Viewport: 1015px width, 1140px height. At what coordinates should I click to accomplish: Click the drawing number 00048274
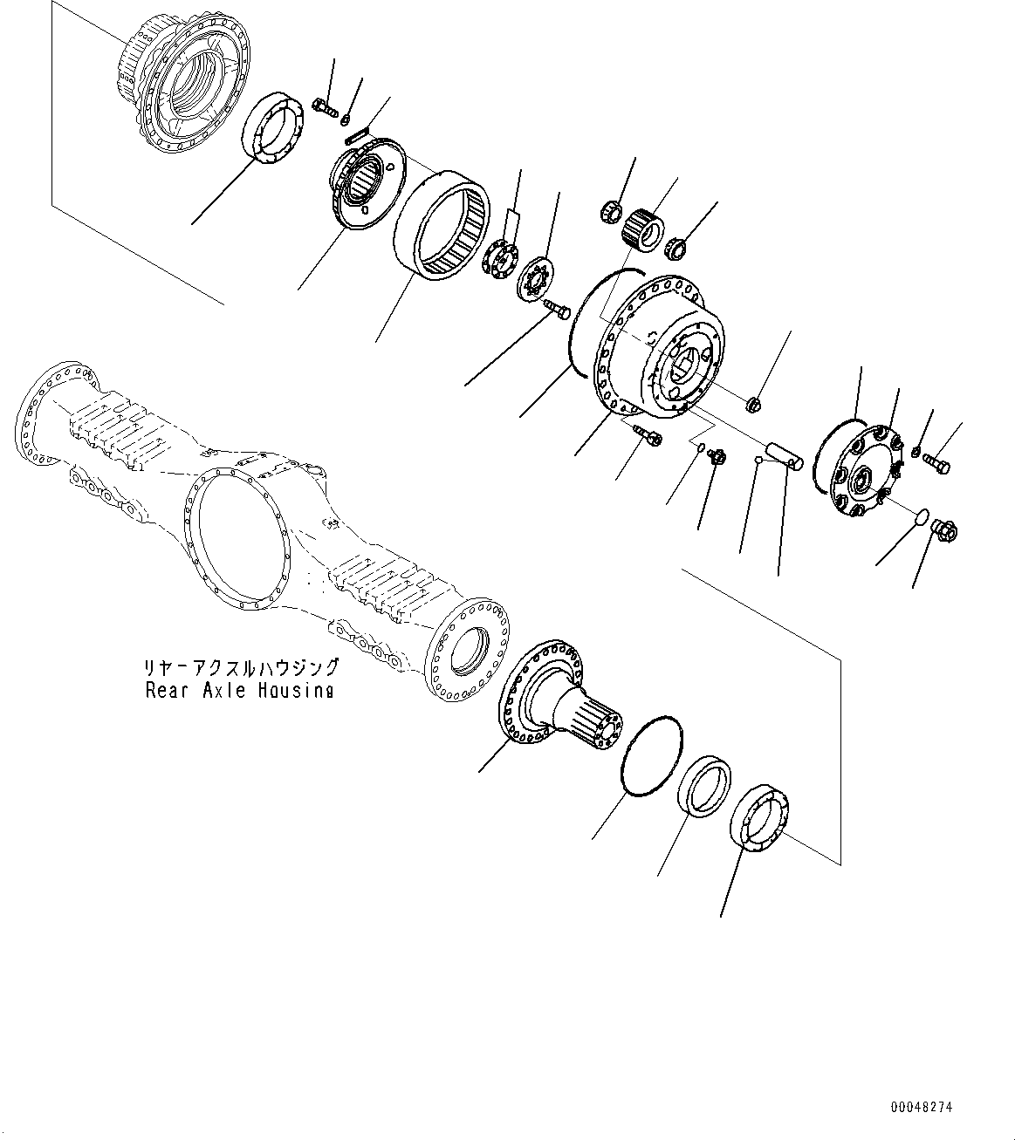click(x=922, y=1107)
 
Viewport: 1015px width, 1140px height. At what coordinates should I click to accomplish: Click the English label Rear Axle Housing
click(x=240, y=690)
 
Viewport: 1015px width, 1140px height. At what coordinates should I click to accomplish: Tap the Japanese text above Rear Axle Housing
click(x=241, y=669)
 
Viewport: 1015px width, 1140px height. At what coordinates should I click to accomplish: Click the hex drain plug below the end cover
click(x=945, y=529)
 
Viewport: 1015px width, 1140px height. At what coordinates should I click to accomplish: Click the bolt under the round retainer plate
click(x=557, y=308)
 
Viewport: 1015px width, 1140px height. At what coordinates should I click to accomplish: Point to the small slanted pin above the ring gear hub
click(x=358, y=135)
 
